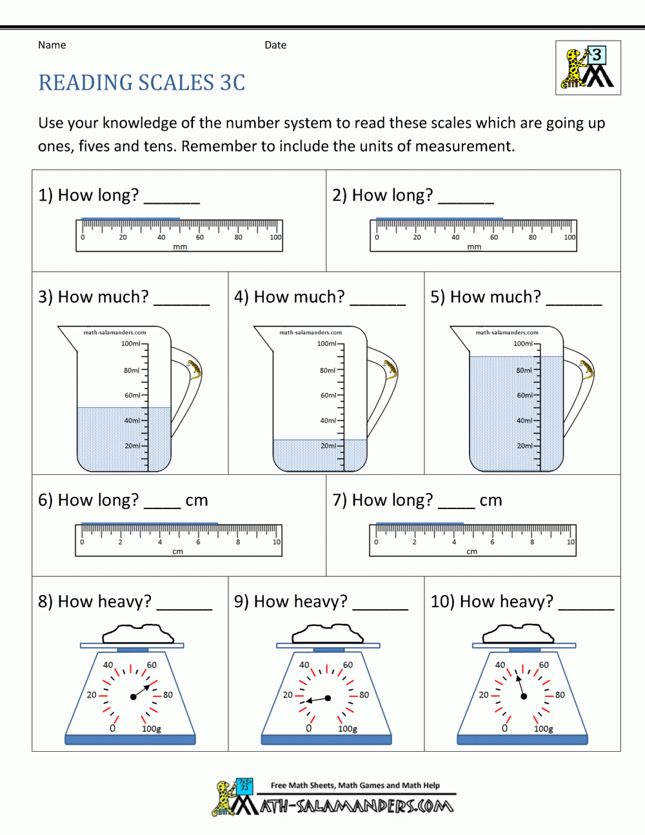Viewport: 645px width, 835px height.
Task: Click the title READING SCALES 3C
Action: (142, 83)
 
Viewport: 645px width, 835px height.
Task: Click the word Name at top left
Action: (52, 45)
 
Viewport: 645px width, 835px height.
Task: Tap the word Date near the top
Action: (275, 45)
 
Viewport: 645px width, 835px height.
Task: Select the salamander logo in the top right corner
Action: (588, 68)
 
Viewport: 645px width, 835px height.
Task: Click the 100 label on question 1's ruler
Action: (275, 237)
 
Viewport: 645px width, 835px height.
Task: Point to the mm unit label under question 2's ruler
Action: (474, 247)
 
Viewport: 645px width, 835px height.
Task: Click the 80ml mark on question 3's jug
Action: (132, 370)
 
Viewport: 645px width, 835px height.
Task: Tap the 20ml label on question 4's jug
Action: (328, 446)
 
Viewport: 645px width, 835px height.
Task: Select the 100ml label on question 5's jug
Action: (523, 344)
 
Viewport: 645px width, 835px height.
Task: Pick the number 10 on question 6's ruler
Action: (277, 542)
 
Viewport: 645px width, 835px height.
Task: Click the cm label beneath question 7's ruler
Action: (472, 552)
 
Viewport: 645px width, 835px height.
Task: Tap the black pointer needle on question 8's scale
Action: (141, 692)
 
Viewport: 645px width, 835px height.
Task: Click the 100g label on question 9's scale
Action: (348, 729)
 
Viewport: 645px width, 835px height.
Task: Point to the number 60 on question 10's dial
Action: (544, 665)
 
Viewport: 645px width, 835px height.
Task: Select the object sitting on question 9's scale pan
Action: (329, 634)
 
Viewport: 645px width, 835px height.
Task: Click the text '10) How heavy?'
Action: (491, 601)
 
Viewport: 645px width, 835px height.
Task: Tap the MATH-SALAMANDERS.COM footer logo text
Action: (357, 806)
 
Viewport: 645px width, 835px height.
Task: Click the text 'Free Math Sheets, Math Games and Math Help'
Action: (355, 785)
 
